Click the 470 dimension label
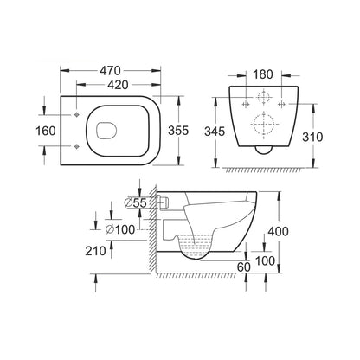[x=110, y=71]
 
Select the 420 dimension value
[x=118, y=85]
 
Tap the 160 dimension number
[x=46, y=131]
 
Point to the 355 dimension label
[x=178, y=131]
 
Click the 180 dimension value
[x=263, y=74]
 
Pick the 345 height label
[x=215, y=132]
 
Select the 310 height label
[x=312, y=137]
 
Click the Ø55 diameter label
[x=135, y=203]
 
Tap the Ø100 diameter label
[x=120, y=229]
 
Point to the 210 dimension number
[x=95, y=251]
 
